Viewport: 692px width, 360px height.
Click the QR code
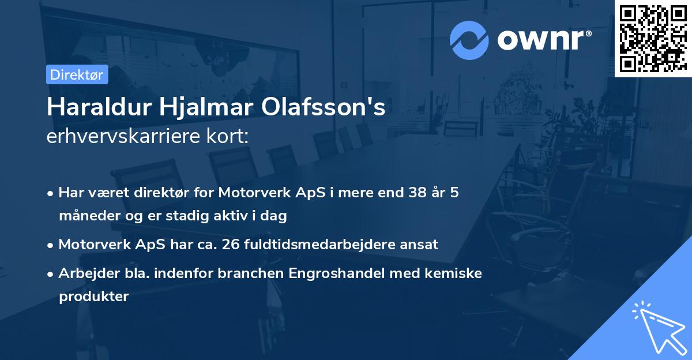[x=653, y=38]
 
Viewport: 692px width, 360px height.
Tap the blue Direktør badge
[x=77, y=74]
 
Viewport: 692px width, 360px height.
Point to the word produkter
[x=93, y=297]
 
